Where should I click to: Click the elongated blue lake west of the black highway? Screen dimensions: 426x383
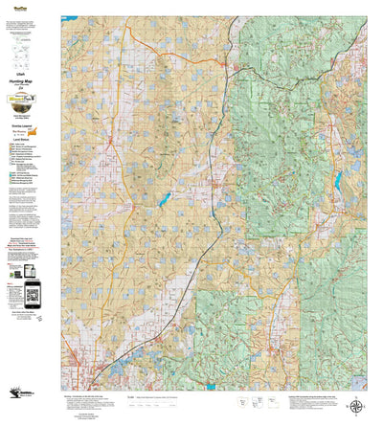click(x=166, y=200)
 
